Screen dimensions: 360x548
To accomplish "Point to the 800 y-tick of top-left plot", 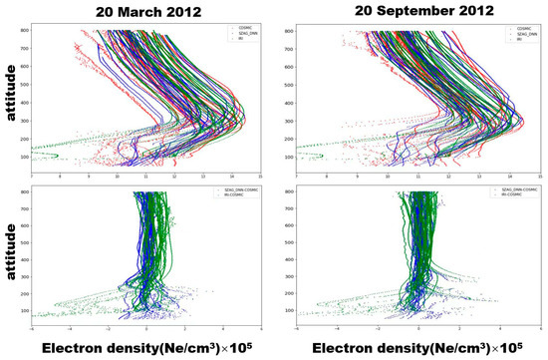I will [24, 31].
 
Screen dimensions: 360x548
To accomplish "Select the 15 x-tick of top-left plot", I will [260, 178].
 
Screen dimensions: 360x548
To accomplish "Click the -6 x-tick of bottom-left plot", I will [31, 328].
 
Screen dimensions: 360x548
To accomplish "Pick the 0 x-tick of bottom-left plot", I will [146, 328].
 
